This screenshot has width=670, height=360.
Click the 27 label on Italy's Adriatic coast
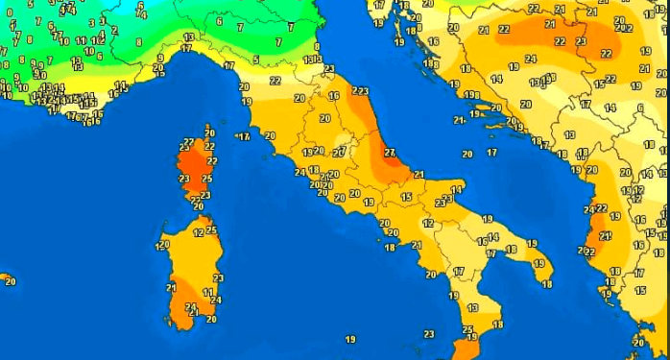(389, 153)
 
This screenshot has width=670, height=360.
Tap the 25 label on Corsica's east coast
(206, 179)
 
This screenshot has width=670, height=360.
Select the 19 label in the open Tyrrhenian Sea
(350, 339)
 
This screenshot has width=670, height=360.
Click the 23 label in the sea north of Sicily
(429, 334)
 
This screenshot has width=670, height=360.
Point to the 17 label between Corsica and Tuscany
(245, 137)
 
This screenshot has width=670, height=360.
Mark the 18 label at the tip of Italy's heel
(546, 283)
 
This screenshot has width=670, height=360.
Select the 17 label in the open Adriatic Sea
(491, 153)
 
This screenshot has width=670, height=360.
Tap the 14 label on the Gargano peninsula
(456, 190)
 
